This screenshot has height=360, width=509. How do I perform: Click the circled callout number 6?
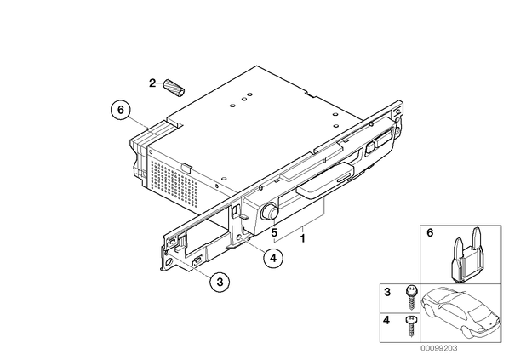pyautogui.click(x=120, y=110)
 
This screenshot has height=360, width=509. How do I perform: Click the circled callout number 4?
pyautogui.click(x=273, y=258)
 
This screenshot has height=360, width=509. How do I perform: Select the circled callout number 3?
pyautogui.click(x=220, y=282)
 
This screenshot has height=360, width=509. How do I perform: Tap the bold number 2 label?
pyautogui.click(x=152, y=83)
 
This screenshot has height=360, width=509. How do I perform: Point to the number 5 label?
pyautogui.click(x=274, y=232)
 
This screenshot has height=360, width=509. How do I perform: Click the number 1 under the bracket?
pyautogui.click(x=302, y=238)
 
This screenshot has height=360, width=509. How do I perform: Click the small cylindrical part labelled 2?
pyautogui.click(x=174, y=87)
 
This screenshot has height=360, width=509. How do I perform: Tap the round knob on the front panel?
pyautogui.click(x=270, y=211)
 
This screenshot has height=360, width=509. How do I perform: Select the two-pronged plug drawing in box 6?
pyautogui.click(x=466, y=255)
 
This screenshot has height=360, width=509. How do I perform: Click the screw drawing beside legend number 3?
pyautogui.click(x=412, y=298)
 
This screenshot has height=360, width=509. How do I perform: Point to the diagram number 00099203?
pyautogui.click(x=439, y=349)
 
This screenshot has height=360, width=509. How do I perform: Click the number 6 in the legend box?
pyautogui.click(x=430, y=233)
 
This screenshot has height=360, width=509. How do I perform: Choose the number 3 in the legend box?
pyautogui.click(x=387, y=292)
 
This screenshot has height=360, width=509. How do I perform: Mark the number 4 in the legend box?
pyautogui.click(x=386, y=320)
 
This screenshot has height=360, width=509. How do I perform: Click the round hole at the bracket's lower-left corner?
pyautogui.click(x=169, y=263)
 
